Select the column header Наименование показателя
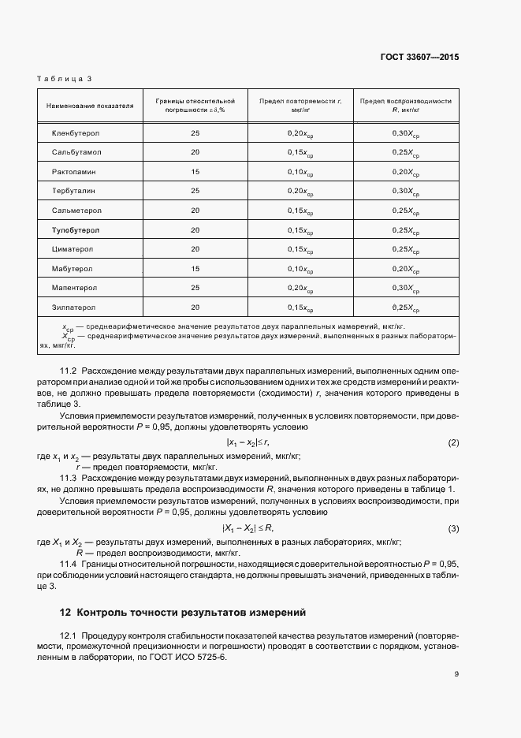[90, 105]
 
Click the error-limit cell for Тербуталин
[195, 191]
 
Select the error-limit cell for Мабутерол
[195, 268]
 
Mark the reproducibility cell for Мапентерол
[406, 287]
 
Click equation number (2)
[453, 443]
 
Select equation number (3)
[453, 527]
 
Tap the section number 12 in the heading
[65, 613]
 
